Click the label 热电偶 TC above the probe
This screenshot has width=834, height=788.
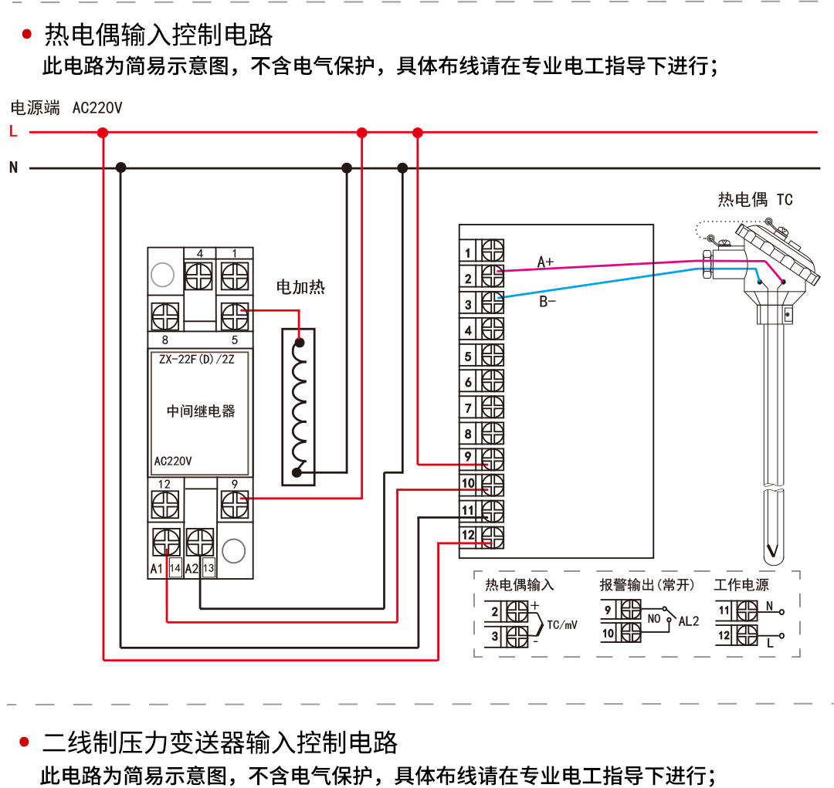pos(754,200)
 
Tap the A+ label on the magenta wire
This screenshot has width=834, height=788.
pos(545,262)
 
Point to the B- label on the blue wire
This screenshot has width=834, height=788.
pos(547,302)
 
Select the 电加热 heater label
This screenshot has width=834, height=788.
pos(300,288)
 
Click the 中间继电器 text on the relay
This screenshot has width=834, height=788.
pos(201,411)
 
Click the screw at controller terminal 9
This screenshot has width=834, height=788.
pos(493,459)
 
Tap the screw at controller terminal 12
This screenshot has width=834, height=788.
pos(493,536)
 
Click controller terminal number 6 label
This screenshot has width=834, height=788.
pos(468,383)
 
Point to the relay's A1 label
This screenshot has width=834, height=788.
pos(157,569)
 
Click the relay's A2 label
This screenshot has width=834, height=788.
pos(192,569)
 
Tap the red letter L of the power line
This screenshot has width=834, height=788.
pos(13,132)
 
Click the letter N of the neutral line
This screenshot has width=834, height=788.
pos(13,167)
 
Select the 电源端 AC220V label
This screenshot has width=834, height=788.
pos(66,108)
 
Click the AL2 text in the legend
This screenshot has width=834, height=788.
pos(689,621)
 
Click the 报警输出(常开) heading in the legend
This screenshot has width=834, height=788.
pos(647,585)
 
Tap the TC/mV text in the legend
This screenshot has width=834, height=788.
pos(562,625)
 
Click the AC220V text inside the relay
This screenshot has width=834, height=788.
pos(173,462)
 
